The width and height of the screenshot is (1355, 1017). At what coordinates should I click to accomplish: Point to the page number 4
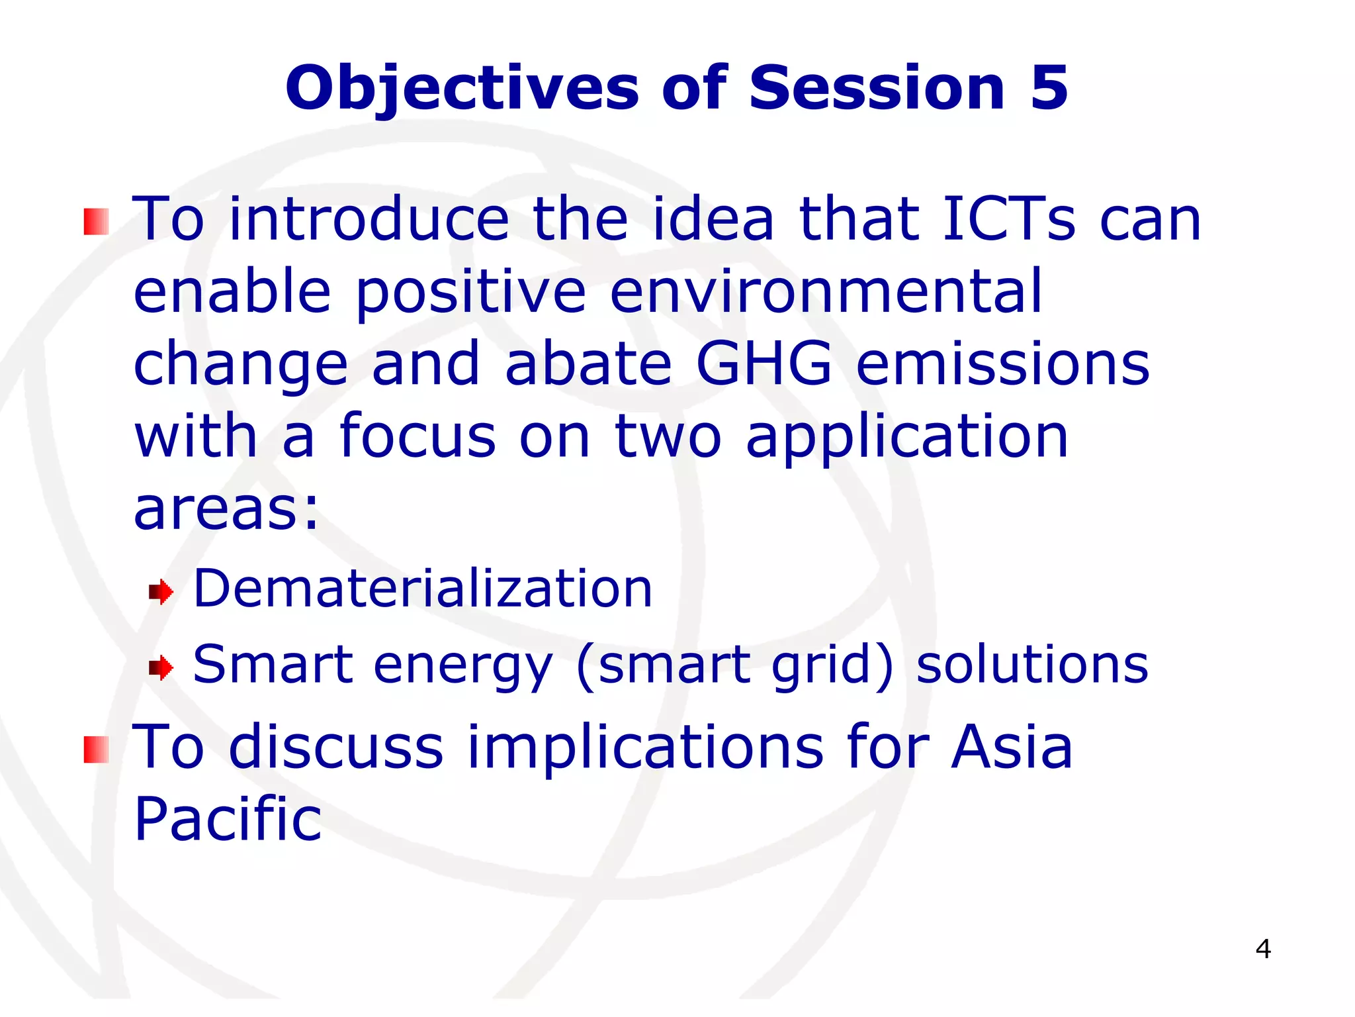pos(1262,949)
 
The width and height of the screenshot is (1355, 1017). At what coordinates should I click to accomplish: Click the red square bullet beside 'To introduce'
pos(96,222)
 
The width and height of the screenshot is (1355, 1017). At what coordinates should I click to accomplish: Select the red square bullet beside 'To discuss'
pos(96,750)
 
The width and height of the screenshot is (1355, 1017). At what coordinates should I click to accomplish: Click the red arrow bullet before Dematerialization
pos(161,591)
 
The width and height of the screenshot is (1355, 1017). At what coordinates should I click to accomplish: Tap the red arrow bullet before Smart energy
pos(161,667)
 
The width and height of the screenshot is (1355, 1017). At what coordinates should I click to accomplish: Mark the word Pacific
pos(228,819)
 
